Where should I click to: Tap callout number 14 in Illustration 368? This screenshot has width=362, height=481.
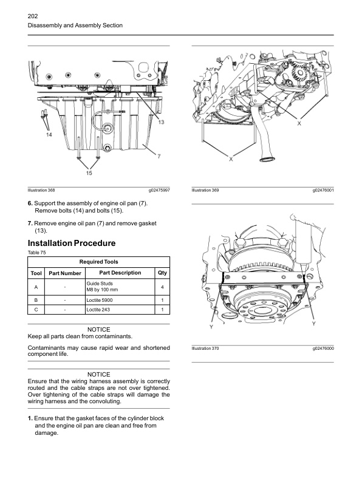coord(48,134)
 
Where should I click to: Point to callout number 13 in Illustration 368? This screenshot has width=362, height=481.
coord(162,122)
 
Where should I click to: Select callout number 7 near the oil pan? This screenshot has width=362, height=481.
coord(158,156)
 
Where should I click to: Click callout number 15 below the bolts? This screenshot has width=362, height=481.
coord(89,174)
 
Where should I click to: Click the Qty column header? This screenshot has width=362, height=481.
coord(162,273)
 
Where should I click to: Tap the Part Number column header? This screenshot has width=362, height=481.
coord(65,273)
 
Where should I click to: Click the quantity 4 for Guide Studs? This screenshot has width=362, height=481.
coord(162,287)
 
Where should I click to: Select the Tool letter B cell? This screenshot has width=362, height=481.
coord(36,300)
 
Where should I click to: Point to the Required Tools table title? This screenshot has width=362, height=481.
coord(98,261)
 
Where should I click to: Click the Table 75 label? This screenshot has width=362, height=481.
coord(37,252)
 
